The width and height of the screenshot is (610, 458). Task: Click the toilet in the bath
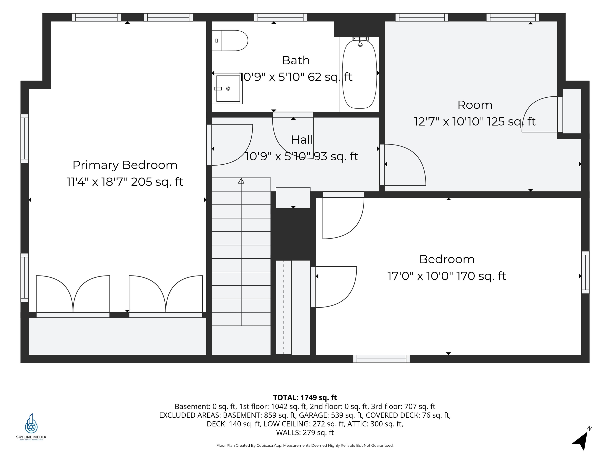(230, 41)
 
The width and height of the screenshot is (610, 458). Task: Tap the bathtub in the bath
(360, 74)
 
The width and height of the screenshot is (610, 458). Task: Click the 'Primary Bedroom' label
(125, 165)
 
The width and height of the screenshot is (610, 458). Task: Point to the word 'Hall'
(302, 140)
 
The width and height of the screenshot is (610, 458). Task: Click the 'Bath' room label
(296, 60)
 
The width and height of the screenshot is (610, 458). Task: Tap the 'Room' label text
(475, 105)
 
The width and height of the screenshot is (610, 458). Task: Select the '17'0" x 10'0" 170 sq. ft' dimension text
(447, 276)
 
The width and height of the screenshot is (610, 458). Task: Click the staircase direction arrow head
(241, 181)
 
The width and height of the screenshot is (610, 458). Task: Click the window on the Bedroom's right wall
(585, 272)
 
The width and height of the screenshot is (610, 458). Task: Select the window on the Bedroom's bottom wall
(381, 359)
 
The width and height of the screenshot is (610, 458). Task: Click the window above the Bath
(280, 17)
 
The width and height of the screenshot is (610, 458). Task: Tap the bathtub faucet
(360, 41)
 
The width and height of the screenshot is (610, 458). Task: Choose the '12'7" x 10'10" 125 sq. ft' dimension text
(475, 121)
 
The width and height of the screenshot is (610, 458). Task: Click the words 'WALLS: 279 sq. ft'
(305, 432)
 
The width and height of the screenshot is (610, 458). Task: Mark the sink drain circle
(228, 89)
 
